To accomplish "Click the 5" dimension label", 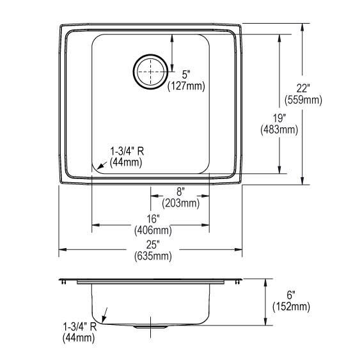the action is pos(186,75).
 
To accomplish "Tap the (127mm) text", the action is pos(186,86).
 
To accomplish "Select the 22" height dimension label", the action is pos(303,88).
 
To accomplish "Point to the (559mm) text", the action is pos(303,100).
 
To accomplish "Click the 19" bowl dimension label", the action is pos(279,118).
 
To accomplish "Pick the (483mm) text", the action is pos(279,130).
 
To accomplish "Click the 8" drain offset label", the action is pos(181,192).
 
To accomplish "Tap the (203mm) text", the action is pos(181,203).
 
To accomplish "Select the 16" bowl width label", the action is pos(153,219).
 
